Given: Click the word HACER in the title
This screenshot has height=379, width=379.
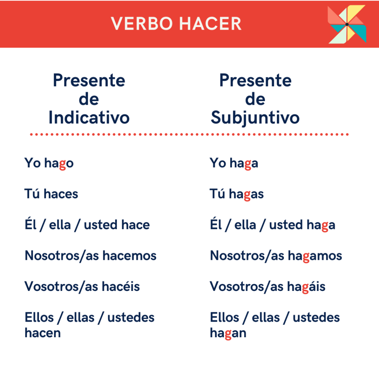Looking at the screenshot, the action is click(x=210, y=24).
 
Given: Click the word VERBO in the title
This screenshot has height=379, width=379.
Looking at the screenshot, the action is click(x=142, y=24).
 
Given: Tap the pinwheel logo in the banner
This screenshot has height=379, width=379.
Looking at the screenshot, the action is click(x=347, y=24).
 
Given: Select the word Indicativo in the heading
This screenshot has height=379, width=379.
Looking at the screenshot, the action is click(x=89, y=117).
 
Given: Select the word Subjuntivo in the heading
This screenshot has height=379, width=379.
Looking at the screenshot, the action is click(x=255, y=118).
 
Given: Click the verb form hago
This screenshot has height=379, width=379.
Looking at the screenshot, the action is click(x=59, y=163).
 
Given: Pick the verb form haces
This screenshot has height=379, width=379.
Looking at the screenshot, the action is click(x=61, y=194).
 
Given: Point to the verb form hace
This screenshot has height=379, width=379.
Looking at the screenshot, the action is click(x=135, y=225).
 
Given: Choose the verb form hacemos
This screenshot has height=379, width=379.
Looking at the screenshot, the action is click(x=130, y=255).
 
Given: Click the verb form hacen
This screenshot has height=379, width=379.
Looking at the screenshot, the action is click(x=43, y=333).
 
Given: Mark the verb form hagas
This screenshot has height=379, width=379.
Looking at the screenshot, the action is click(x=246, y=194).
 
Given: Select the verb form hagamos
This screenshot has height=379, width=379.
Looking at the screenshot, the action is click(x=315, y=256).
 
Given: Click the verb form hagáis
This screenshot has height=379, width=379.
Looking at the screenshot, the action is click(x=306, y=287).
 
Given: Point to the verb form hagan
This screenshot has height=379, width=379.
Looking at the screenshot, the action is click(x=228, y=333).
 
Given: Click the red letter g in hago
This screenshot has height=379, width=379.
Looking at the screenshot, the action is click(x=62, y=165).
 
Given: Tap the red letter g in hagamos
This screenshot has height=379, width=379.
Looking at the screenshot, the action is click(x=306, y=258).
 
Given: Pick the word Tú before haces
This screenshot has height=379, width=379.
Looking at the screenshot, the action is click(x=32, y=194).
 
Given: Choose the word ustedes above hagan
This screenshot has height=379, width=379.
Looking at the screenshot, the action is click(x=316, y=317).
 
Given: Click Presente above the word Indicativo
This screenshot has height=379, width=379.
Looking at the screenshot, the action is click(x=89, y=80).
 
